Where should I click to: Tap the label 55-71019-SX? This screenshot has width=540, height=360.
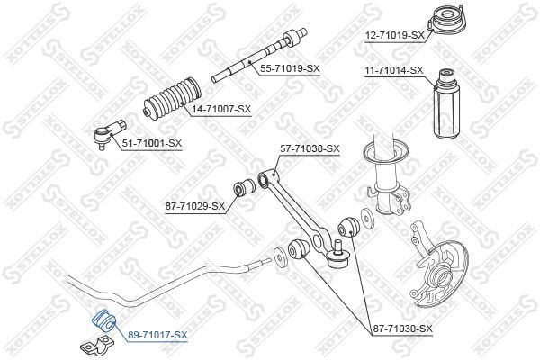point(290,68)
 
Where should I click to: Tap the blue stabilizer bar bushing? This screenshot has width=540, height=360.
point(100,319)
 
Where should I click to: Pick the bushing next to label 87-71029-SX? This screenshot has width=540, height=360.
point(242,189)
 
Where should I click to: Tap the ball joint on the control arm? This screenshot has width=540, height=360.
point(339,261)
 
